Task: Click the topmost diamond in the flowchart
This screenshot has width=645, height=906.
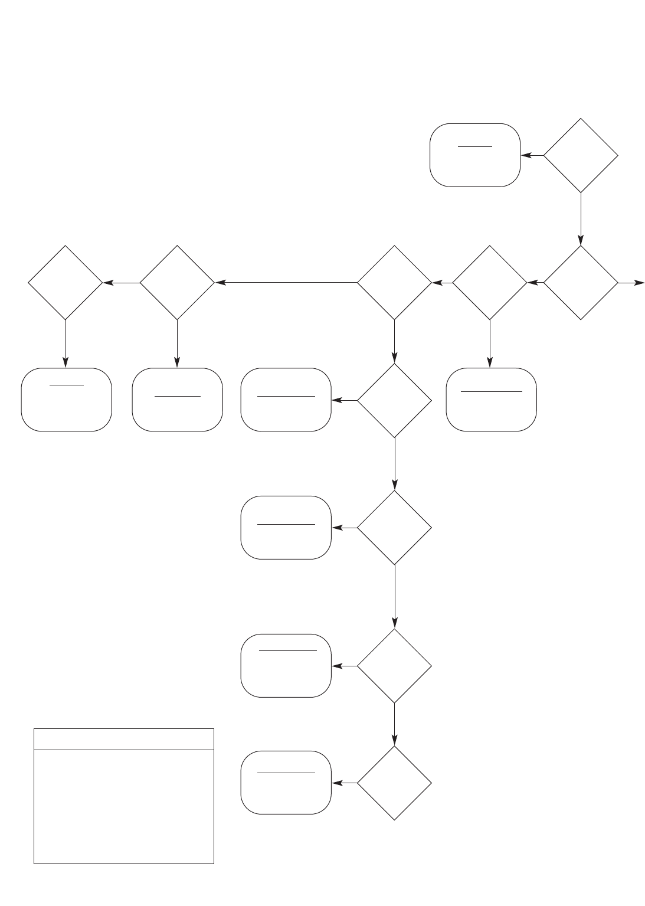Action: pos(580,156)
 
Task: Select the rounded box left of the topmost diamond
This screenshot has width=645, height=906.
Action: pos(475,155)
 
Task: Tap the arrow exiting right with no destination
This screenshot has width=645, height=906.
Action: pos(631,283)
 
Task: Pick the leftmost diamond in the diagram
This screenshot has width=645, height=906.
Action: pos(66,283)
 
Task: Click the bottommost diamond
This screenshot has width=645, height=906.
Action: pos(394,783)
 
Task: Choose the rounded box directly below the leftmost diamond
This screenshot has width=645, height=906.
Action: pos(66,400)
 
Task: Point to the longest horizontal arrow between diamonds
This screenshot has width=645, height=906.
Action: pos(287,283)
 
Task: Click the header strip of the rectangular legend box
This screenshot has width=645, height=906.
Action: pos(123,739)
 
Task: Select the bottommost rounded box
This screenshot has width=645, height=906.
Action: pos(286,783)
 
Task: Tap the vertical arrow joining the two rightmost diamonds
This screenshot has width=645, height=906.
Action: pos(581,218)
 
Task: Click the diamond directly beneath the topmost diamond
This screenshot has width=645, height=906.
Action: pos(581,283)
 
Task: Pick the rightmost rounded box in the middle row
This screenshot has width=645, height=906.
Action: pos(491,400)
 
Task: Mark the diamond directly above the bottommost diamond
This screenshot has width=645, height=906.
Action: pos(394,666)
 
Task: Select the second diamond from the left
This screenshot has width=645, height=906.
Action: pos(177,283)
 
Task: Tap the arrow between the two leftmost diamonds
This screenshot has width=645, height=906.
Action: pos(122,283)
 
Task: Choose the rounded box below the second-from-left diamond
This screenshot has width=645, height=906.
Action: pos(177,400)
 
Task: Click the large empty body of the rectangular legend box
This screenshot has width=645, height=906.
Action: pos(123,806)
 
